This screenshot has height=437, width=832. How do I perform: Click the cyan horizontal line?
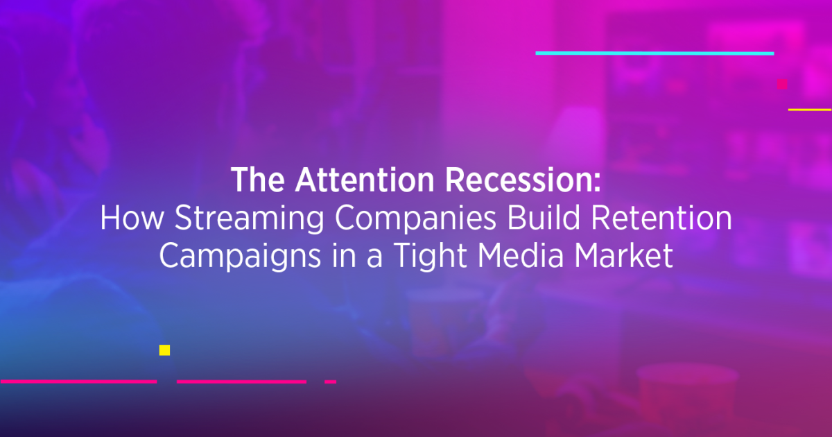point(655,53)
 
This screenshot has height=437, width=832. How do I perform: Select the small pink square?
point(782,84)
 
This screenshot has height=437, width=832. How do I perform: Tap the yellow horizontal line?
point(810,110)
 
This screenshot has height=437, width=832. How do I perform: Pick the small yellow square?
point(164,350)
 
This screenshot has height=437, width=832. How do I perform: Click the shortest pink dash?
point(330,382)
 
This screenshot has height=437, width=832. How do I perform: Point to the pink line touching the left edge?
point(78,382)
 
